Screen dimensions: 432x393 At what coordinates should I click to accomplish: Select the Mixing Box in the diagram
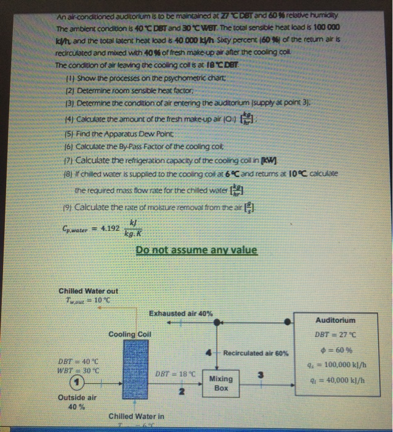click(221, 383)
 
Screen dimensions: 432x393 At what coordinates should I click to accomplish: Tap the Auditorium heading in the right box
click(335, 320)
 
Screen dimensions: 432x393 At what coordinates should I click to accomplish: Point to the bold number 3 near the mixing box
click(261, 375)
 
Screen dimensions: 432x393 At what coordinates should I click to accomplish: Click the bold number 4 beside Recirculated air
click(210, 352)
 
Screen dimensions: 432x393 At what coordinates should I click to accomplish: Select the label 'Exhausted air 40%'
click(181, 314)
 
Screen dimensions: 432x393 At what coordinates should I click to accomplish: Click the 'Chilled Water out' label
click(88, 291)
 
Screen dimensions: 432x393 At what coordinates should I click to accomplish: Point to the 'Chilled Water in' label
click(136, 416)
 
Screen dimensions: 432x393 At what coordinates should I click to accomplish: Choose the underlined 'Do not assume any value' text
click(197, 250)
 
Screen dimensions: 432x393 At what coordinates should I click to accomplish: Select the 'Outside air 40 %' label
click(77, 402)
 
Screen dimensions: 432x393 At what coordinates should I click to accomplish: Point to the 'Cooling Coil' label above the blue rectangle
click(130, 334)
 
